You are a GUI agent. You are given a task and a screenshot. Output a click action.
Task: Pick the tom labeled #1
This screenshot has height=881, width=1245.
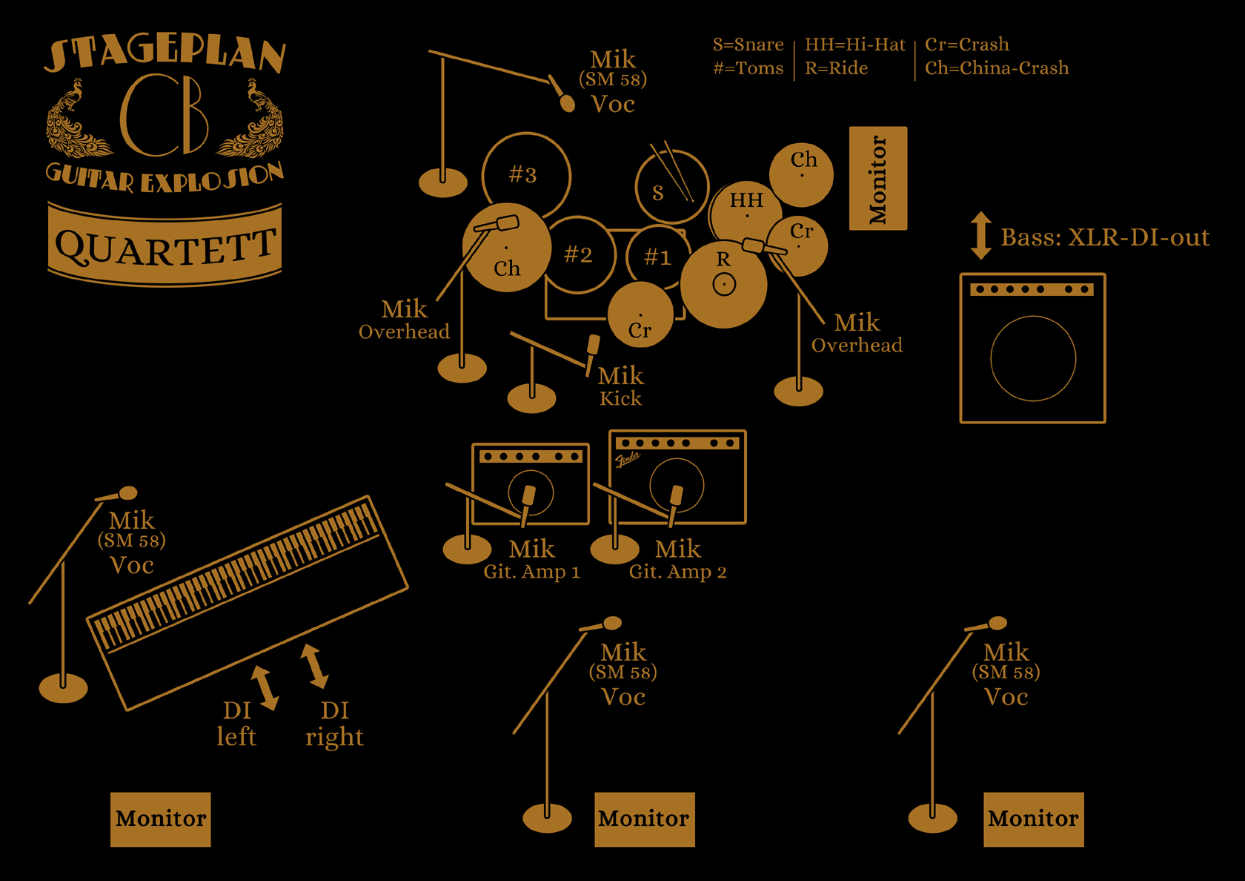click(657, 257)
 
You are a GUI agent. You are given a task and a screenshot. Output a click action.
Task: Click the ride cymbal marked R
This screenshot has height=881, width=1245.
click(723, 284)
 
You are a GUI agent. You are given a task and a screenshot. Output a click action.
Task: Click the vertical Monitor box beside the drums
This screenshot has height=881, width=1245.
click(878, 178)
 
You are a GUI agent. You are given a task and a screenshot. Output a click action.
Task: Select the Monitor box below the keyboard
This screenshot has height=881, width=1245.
click(161, 819)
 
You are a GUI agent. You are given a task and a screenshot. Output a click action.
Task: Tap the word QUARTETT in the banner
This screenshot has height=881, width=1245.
click(165, 246)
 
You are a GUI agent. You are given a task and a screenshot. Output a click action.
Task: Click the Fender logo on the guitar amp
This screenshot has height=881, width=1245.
click(628, 461)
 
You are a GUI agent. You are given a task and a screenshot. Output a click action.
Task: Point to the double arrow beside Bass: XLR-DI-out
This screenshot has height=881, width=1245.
click(981, 236)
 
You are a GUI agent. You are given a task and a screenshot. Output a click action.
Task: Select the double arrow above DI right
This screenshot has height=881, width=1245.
click(314, 666)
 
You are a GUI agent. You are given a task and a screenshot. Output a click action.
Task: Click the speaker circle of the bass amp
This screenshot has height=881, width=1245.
click(1033, 359)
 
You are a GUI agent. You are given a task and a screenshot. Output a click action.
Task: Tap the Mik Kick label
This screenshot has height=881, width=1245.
click(620, 386)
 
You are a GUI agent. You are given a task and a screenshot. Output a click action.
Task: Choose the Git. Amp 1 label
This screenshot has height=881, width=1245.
click(531, 572)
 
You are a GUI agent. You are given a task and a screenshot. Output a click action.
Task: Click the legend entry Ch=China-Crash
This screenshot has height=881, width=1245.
click(996, 68)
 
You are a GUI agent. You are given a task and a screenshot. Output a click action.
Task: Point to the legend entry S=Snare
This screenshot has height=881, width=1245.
click(748, 44)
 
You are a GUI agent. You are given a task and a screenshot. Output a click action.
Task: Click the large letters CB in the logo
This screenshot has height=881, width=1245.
click(165, 115)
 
